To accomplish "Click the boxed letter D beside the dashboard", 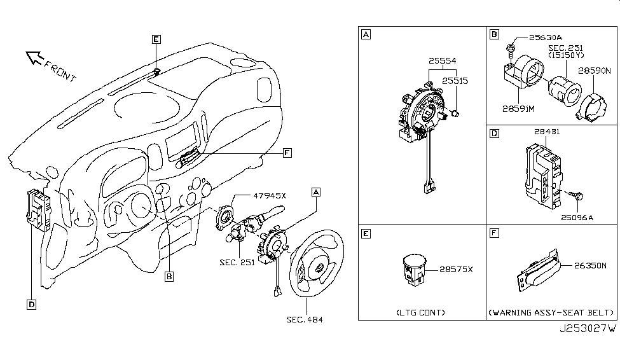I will click(31, 305).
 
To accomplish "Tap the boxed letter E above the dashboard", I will click(156, 39).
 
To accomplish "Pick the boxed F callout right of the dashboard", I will click(287, 153).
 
